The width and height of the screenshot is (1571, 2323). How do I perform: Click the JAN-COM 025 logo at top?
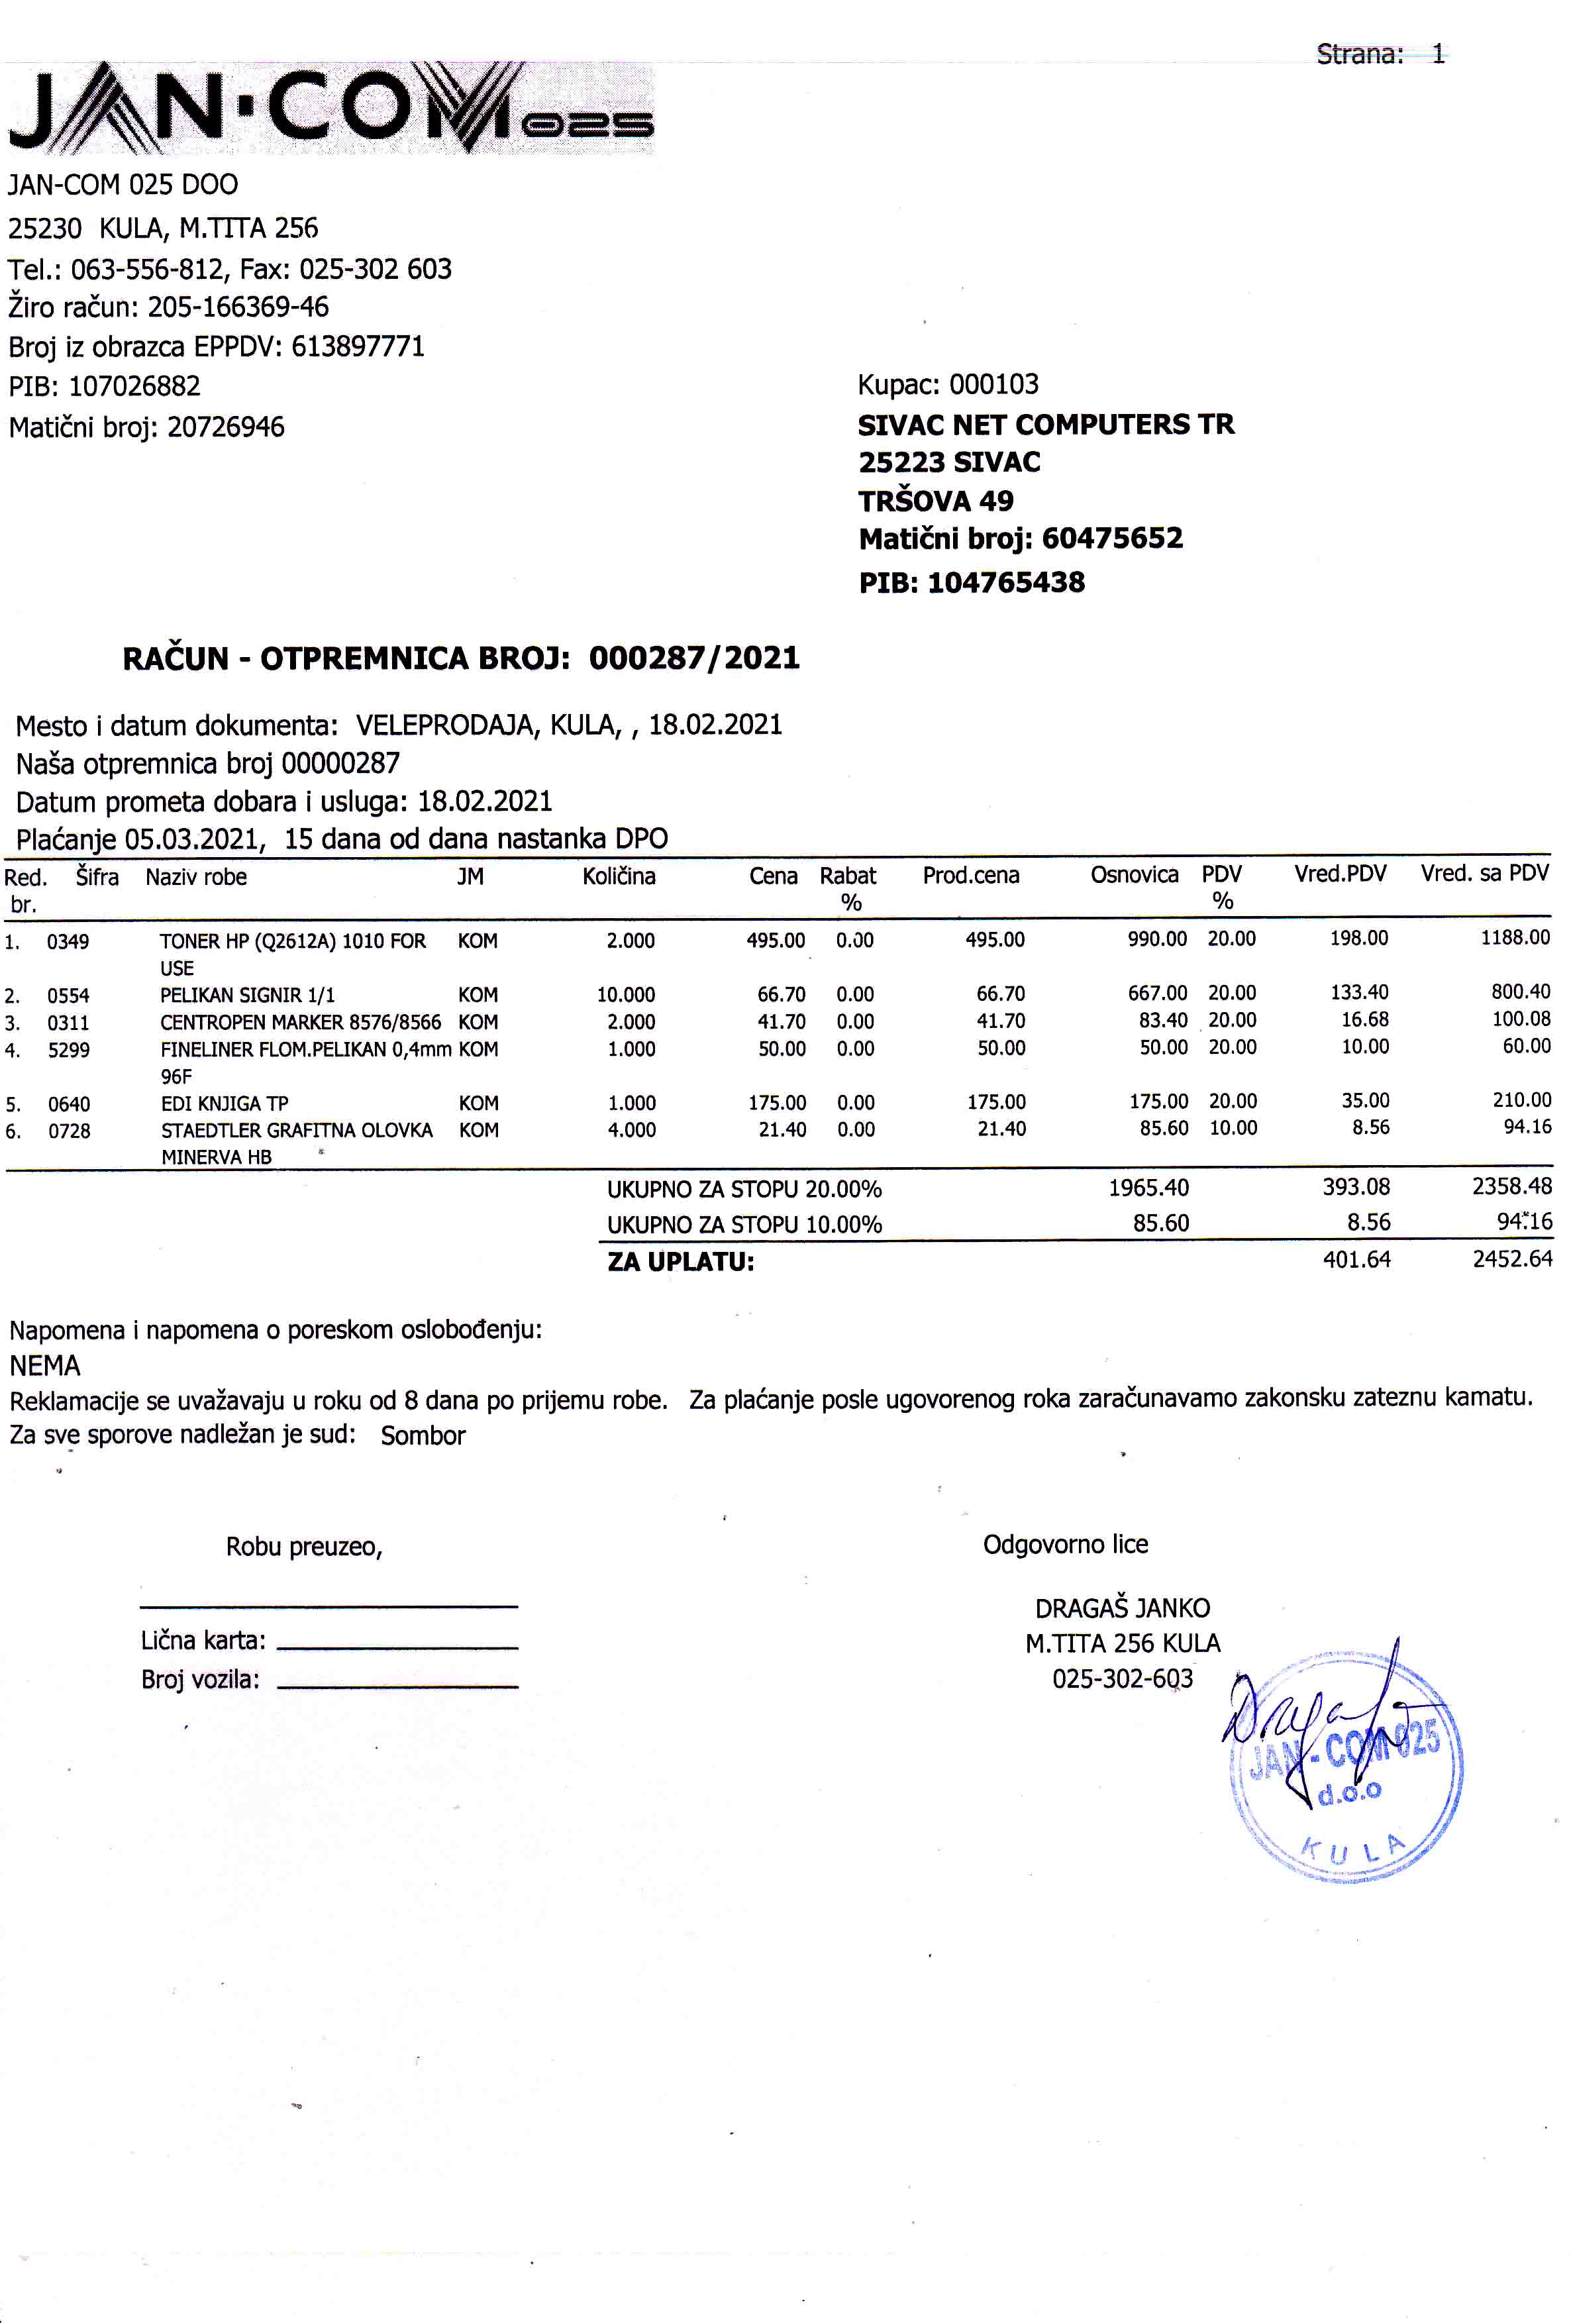coord(330,108)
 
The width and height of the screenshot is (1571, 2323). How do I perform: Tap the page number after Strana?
coord(1437,54)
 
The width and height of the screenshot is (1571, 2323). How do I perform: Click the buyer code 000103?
coord(993,384)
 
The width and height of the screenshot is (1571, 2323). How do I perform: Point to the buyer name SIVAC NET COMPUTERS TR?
coord(1045,424)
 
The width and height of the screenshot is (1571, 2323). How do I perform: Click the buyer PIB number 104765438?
coord(1005,582)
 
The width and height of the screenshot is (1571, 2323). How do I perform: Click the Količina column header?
coord(619,876)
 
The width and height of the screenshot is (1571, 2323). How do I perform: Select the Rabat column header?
coord(848,876)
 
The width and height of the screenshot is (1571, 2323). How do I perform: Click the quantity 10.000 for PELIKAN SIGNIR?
coord(626,994)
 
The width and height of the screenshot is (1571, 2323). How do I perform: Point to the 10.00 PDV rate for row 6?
coord(1232,1127)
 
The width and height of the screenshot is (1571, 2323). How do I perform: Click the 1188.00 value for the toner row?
coord(1515,937)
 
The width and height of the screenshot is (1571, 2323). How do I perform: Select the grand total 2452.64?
coord(1512,1259)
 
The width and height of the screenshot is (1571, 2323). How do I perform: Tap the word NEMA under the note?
coord(45,1365)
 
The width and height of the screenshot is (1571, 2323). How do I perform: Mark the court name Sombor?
coord(423,1435)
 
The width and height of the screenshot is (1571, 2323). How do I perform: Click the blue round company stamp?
coord(1346,1769)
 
